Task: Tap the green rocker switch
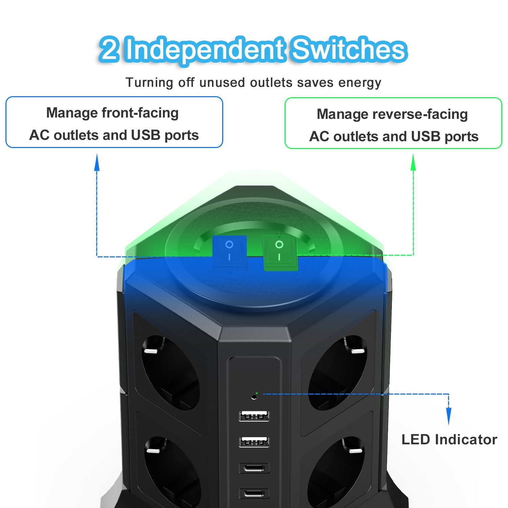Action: (280, 252)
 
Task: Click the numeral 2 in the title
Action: (109, 50)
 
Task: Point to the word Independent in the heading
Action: (205, 50)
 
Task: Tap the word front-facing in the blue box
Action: (140, 113)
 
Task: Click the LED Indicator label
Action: (449, 440)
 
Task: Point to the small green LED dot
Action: (257, 393)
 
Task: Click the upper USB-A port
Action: (254, 416)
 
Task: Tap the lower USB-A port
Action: (254, 442)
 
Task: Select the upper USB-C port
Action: (254, 468)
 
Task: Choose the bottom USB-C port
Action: (254, 493)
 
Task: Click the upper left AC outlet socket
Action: (169, 373)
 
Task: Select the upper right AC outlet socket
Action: (339, 373)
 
